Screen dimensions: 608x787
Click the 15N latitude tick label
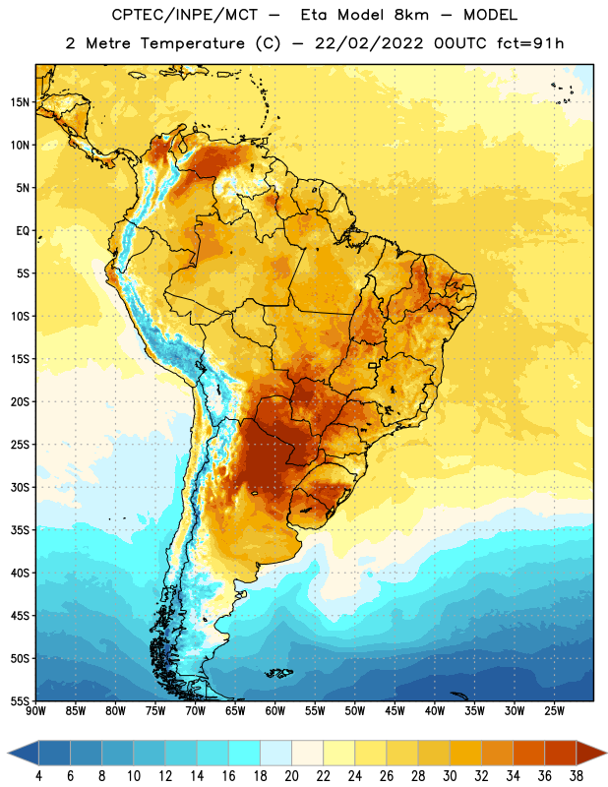20,102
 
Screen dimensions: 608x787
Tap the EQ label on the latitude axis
23,231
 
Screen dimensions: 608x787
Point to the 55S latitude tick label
20,700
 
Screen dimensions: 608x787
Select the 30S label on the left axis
20,487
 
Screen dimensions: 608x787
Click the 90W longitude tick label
35,711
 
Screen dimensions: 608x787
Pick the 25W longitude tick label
554,711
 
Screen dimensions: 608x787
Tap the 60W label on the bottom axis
275,711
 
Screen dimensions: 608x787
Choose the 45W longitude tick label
395,711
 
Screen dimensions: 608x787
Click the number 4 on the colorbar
38,776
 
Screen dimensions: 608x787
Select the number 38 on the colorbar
577,776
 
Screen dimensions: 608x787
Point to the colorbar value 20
291,776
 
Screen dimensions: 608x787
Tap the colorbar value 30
450,776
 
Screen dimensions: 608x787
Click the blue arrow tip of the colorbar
9,754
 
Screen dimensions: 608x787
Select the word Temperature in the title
192,43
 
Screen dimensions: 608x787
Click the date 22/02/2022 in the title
369,43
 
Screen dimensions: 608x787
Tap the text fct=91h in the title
530,43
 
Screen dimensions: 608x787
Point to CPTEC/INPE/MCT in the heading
184,15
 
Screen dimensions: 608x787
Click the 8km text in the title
411,15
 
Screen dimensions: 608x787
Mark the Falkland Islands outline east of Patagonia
278,673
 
